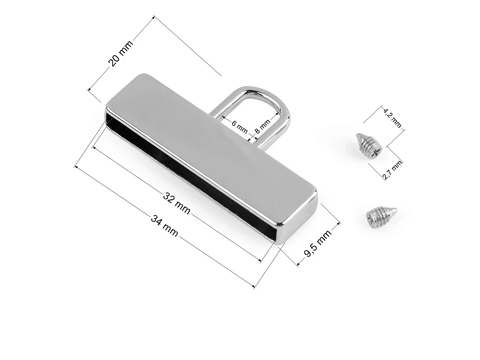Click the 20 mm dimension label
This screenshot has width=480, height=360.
click(121, 53)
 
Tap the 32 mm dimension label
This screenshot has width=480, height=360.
click(176, 202)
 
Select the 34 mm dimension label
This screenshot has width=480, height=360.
click(164, 226)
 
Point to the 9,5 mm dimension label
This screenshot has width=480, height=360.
click(318, 243)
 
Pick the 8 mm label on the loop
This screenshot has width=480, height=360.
click(262, 126)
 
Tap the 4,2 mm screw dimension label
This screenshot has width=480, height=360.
click(392, 118)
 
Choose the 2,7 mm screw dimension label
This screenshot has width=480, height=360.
click(392, 170)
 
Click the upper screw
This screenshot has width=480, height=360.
click(369, 145)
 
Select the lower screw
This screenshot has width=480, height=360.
click(381, 217)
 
